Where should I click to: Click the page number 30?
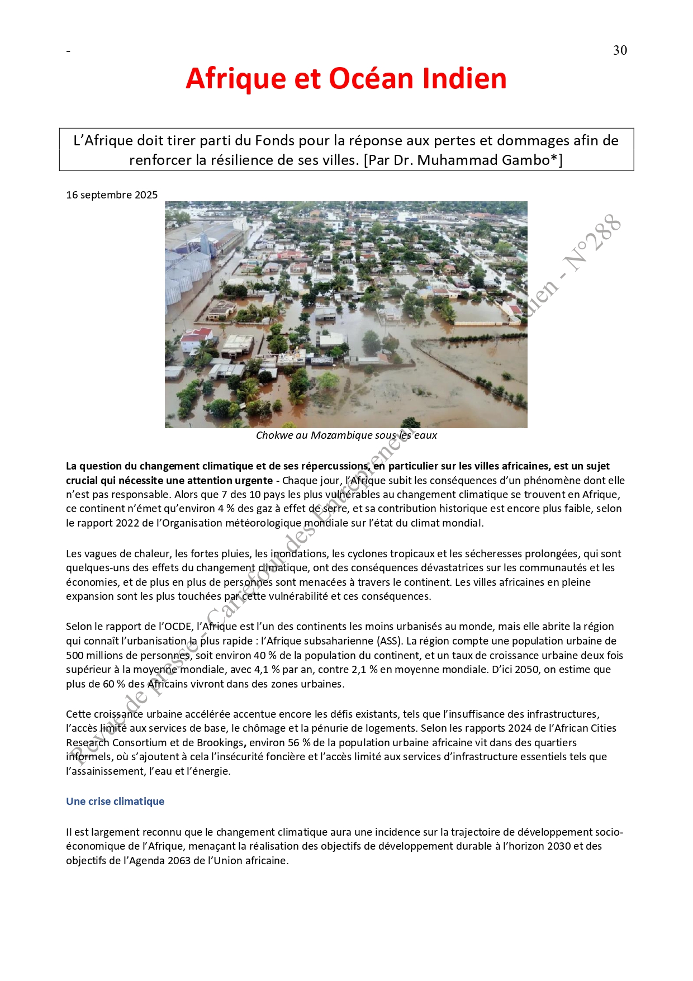pyautogui.click(x=620, y=50)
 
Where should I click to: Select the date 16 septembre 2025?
pyautogui.click(x=112, y=195)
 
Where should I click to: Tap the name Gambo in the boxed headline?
pyautogui.click(x=526, y=160)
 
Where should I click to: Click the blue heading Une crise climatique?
pyautogui.click(x=115, y=802)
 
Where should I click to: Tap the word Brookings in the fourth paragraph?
pyautogui.click(x=222, y=743)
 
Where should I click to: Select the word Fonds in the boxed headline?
pyautogui.click(x=273, y=141)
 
